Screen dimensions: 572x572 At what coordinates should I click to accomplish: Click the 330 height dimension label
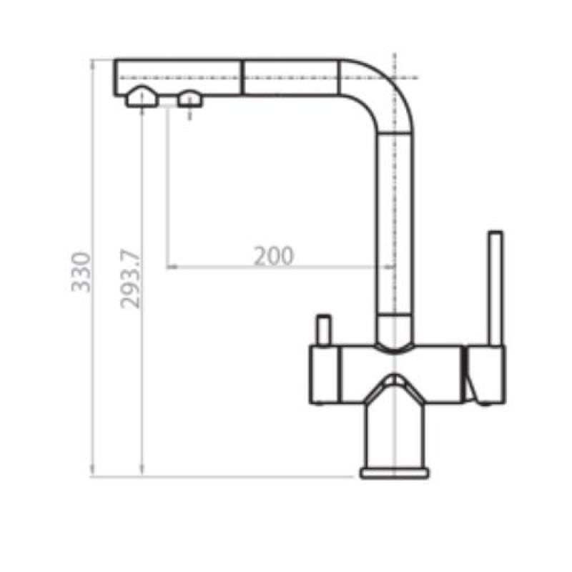[82, 272]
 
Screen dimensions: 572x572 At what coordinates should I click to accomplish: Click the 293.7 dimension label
[131, 279]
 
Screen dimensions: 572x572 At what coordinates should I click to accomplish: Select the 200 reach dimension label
[274, 256]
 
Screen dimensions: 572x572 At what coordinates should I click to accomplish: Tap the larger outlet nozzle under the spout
[141, 98]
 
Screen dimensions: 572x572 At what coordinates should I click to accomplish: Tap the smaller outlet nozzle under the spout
[190, 99]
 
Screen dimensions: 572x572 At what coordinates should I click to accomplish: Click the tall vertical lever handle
[495, 286]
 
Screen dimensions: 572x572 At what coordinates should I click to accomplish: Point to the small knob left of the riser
[322, 330]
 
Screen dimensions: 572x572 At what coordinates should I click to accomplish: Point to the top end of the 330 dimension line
[93, 61]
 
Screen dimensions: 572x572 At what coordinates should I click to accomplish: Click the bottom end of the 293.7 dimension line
[143, 474]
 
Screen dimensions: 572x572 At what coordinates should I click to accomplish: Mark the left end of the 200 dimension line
[167, 267]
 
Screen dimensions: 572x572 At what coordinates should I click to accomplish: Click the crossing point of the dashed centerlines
[394, 77]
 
